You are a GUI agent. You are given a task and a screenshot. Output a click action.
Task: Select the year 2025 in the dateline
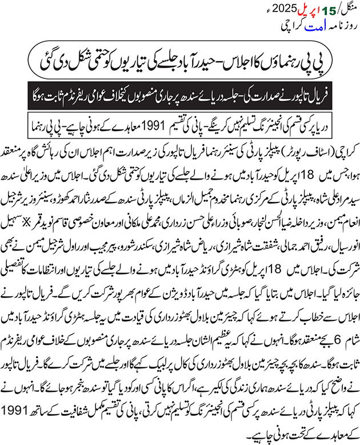pos(333,9)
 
